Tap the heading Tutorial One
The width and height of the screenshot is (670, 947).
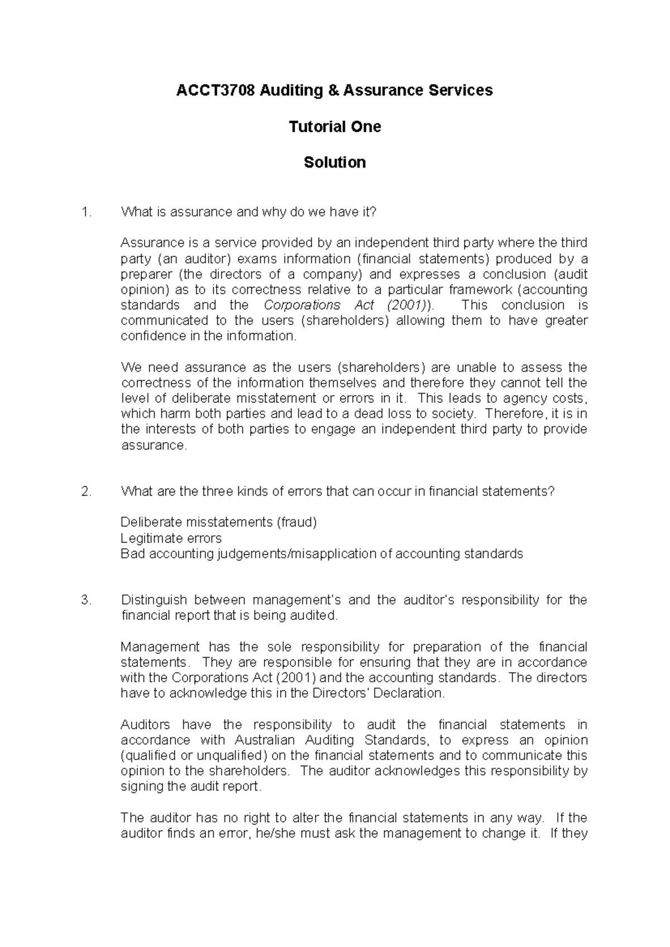[334, 127]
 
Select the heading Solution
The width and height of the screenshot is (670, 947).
[334, 162]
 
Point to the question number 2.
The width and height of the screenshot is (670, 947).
[85, 491]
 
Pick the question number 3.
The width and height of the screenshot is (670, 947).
[85, 600]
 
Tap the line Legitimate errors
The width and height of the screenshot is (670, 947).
[171, 538]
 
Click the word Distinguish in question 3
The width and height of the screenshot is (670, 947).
[153, 600]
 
